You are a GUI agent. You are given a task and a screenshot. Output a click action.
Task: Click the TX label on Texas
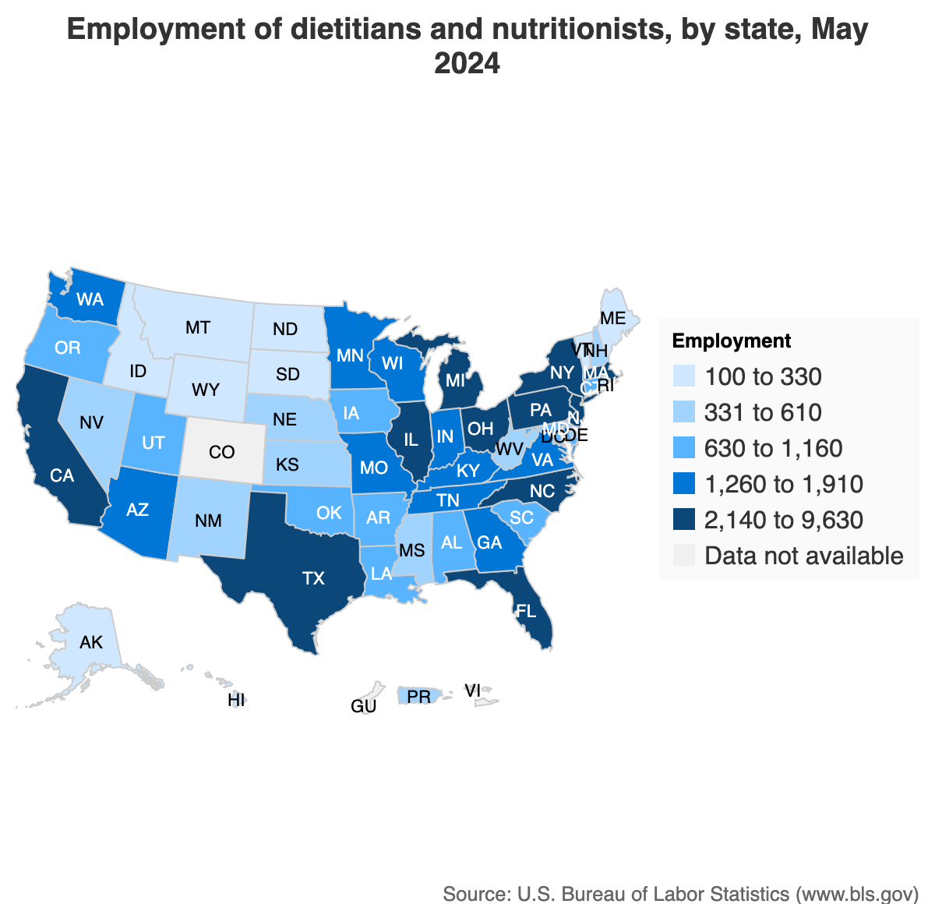[313, 578]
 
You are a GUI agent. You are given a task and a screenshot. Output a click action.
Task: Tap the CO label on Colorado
[221, 452]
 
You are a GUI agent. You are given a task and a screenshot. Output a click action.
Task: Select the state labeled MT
[198, 327]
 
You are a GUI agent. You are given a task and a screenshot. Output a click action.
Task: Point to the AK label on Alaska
[91, 643]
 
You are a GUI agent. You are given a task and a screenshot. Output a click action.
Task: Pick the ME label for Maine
[613, 318]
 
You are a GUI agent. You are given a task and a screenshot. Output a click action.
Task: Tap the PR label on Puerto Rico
[419, 697]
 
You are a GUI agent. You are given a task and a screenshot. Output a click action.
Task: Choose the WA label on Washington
[90, 298]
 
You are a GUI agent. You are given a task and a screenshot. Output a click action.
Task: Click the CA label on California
[62, 475]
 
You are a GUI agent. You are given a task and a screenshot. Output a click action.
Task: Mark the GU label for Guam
[364, 707]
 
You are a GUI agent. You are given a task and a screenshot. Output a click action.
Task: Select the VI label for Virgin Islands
[472, 690]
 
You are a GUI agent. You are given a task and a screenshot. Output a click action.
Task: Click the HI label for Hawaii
[236, 701]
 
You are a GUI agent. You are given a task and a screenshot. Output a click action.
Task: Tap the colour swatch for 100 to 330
[683, 377]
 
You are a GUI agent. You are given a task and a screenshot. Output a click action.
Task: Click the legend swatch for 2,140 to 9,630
[683, 521]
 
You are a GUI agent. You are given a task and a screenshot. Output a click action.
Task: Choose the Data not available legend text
[803, 556]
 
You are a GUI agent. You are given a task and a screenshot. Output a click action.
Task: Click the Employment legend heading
[731, 341]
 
